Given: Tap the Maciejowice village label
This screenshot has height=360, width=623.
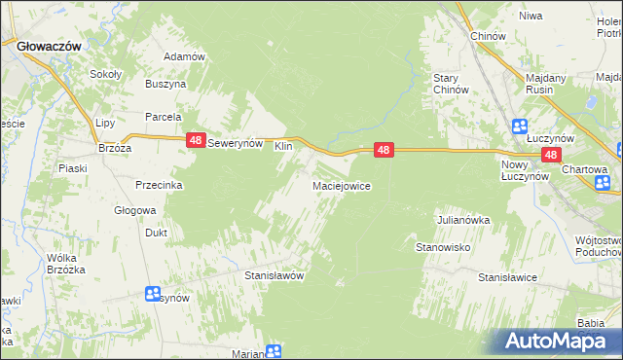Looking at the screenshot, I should click(340, 185).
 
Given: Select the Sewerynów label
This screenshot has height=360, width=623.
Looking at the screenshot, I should click(237, 142).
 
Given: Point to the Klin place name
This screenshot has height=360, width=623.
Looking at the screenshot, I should click(283, 146).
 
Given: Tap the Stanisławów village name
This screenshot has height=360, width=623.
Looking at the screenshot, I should click(274, 275).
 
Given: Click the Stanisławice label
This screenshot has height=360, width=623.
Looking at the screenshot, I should click(507, 277).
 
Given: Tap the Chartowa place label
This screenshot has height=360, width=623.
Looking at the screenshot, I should click(584, 168).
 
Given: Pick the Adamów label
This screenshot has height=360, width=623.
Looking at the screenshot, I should click(184, 56).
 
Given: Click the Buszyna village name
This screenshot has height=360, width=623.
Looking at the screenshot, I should click(165, 85).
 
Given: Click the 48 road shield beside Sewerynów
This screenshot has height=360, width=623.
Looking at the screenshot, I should click(196, 141).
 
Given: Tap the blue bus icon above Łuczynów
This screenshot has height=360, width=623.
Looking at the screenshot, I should click(519, 126).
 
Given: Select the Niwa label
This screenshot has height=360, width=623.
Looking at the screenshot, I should click(530, 17).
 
